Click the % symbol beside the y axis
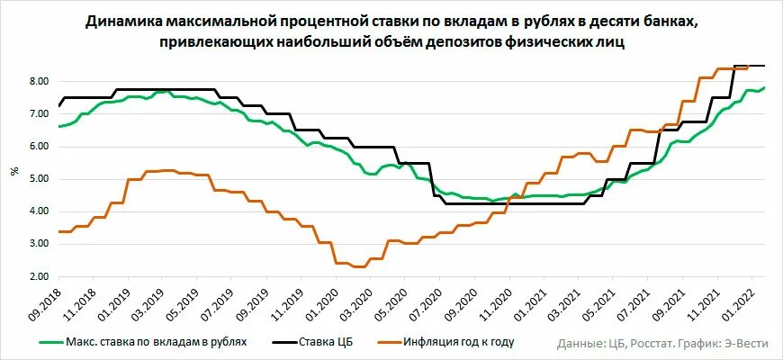click(x=13, y=171)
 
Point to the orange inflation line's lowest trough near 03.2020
click(x=358, y=266)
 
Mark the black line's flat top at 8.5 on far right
click(x=751, y=66)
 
